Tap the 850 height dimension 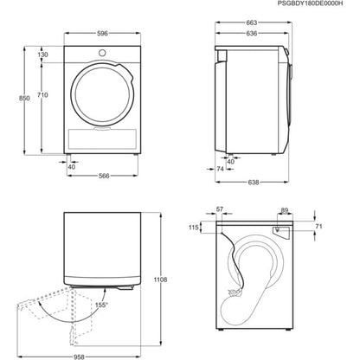(10, 100)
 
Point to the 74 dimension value (222, 170)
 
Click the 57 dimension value (219, 209)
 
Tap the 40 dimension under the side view (229, 161)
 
